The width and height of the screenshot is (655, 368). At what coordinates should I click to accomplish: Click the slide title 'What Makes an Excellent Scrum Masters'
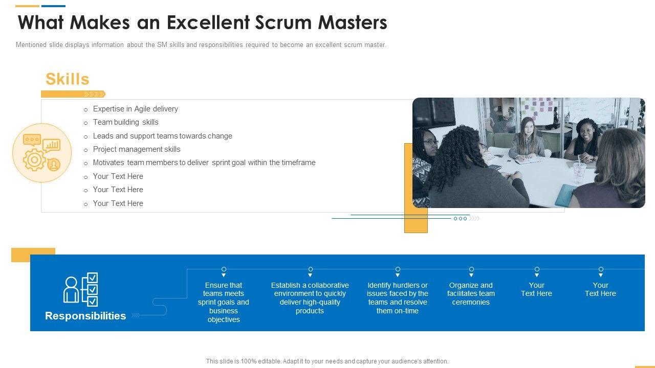tap(202, 23)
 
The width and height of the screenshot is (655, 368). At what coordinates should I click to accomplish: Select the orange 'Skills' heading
tap(67, 79)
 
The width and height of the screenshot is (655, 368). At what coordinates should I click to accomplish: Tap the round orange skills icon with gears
tap(42, 152)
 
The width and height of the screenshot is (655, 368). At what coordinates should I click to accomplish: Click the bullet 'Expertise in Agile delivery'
tap(135, 109)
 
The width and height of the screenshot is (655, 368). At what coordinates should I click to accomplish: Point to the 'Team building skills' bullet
tap(125, 122)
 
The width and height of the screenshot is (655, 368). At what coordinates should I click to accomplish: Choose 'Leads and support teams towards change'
tap(162, 136)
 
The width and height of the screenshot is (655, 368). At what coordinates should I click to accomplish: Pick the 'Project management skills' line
tap(137, 149)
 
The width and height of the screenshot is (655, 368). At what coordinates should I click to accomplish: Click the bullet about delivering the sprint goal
tap(204, 163)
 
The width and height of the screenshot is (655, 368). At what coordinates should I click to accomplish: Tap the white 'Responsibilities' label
tap(85, 316)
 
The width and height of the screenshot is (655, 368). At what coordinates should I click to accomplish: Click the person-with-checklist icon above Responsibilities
tap(81, 289)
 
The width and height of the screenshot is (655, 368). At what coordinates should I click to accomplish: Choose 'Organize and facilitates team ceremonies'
tap(471, 294)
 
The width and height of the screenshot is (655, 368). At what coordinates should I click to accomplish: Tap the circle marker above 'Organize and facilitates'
tap(471, 269)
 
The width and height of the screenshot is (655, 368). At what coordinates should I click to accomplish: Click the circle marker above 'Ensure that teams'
tap(224, 269)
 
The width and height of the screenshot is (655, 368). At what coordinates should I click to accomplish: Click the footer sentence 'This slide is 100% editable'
tap(327, 361)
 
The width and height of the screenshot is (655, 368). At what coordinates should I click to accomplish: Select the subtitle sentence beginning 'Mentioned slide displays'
tap(201, 45)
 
